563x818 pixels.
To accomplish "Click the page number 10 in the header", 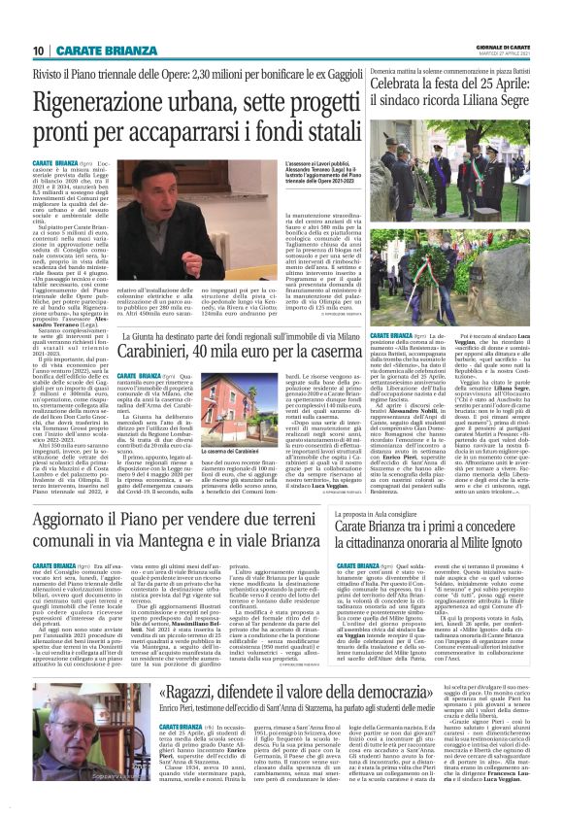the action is (x=40, y=51).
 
